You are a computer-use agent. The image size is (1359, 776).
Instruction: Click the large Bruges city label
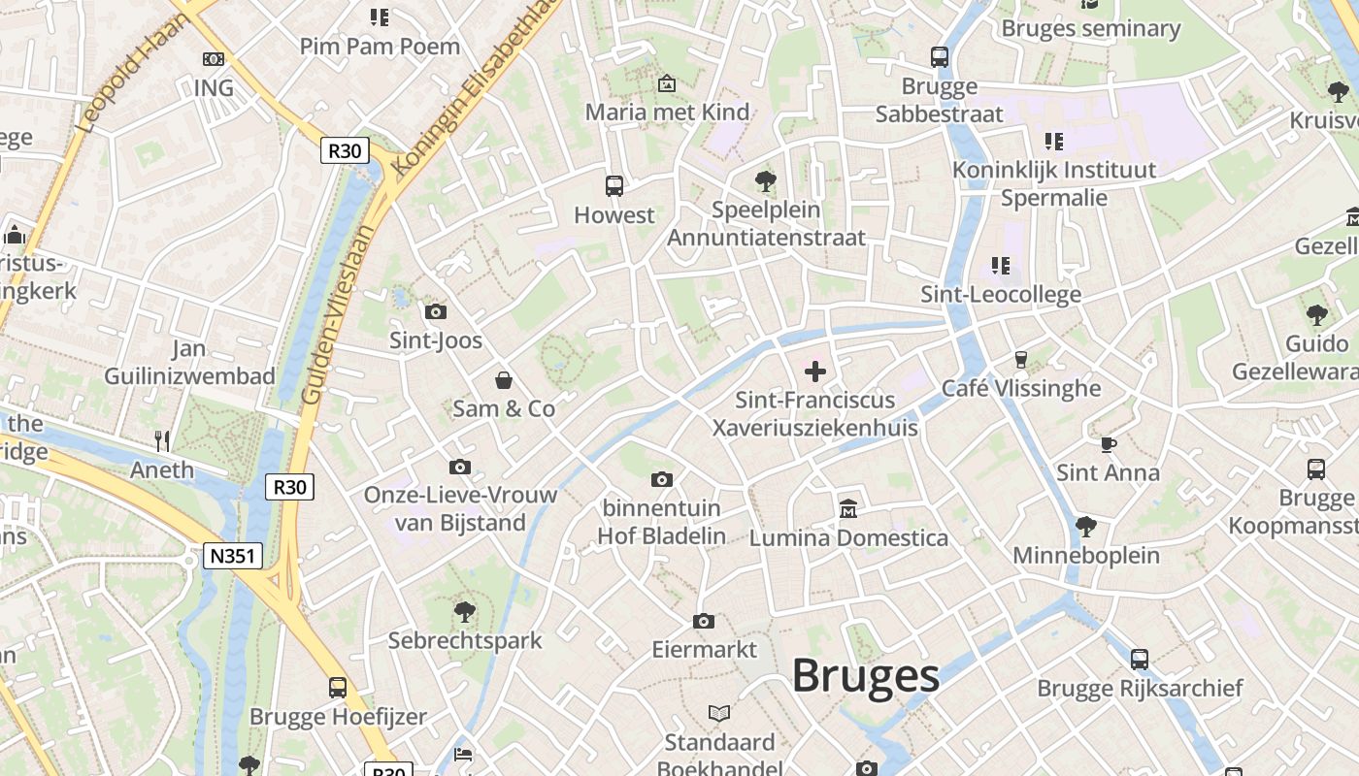click(866, 676)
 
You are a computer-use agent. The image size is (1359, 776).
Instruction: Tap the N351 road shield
click(234, 556)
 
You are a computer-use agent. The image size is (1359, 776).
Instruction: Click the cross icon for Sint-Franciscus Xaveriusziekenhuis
click(815, 371)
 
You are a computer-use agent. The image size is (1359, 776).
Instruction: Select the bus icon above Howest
click(613, 185)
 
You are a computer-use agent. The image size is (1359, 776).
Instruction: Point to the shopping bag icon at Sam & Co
click(503, 379)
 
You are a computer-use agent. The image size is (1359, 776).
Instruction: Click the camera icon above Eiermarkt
click(704, 621)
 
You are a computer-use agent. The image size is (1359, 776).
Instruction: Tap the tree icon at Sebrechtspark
click(464, 612)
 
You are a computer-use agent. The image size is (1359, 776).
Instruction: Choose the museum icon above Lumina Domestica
click(848, 508)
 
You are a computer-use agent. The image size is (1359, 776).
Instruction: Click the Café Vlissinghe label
click(1021, 389)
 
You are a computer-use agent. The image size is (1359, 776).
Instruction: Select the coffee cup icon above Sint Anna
click(1108, 444)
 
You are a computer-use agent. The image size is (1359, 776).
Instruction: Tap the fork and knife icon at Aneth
click(162, 441)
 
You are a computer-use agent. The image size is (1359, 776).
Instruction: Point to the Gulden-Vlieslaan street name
click(338, 315)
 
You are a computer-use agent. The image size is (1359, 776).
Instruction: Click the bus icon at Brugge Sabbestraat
click(939, 57)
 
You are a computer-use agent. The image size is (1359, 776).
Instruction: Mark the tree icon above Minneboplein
click(1085, 527)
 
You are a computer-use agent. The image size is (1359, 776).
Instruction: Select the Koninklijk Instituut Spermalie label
click(1054, 183)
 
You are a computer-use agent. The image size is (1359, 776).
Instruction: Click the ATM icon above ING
click(214, 60)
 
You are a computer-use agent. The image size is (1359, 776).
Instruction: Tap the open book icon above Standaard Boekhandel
click(718, 714)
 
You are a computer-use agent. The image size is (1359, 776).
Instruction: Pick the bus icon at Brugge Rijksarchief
click(1140, 660)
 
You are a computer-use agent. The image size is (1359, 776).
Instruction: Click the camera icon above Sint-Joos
click(436, 311)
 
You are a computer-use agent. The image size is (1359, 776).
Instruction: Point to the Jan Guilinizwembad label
click(189, 362)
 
